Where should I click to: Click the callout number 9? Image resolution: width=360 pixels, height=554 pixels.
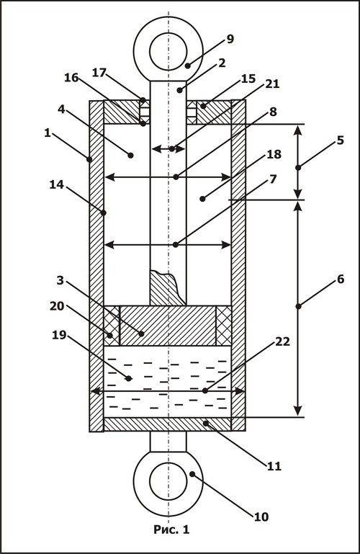230,38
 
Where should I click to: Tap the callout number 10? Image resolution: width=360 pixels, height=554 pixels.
261,517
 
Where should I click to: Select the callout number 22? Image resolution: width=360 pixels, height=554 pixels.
283,341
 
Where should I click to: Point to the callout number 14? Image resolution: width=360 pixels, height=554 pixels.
56,184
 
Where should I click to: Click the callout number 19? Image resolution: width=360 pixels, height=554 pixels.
59,334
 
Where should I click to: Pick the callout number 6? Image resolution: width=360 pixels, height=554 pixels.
341,279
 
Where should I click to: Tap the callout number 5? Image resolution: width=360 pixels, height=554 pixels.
340,140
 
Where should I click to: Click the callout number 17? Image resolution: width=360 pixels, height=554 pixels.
99,73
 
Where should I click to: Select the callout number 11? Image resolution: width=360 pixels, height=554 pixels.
274,466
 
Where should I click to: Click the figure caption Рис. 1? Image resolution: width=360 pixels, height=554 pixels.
171,530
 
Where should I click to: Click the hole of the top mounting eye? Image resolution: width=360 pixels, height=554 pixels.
168,51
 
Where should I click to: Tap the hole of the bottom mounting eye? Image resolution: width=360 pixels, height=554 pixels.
168,481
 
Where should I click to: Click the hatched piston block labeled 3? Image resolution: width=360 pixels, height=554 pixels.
168,326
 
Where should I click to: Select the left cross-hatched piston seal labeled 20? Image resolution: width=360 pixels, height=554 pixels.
112,326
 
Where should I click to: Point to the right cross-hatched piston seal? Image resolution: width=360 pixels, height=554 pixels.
224,326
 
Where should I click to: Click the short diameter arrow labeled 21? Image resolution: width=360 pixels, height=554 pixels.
168,148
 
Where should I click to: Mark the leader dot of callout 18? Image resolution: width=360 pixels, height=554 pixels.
202,199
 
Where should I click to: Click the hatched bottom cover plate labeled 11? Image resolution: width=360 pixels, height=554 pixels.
168,424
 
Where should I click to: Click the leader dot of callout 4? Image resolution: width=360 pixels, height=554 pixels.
130,155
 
